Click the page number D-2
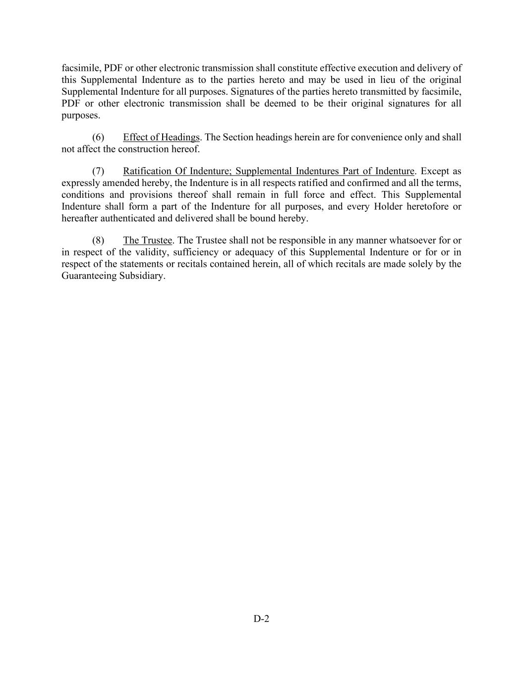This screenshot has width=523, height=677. coord(261,618)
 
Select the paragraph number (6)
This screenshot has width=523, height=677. coord(98,137)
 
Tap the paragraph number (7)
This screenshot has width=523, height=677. coord(98,172)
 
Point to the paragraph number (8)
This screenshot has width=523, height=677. coord(98,241)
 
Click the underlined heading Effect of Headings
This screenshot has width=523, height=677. coord(161,137)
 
